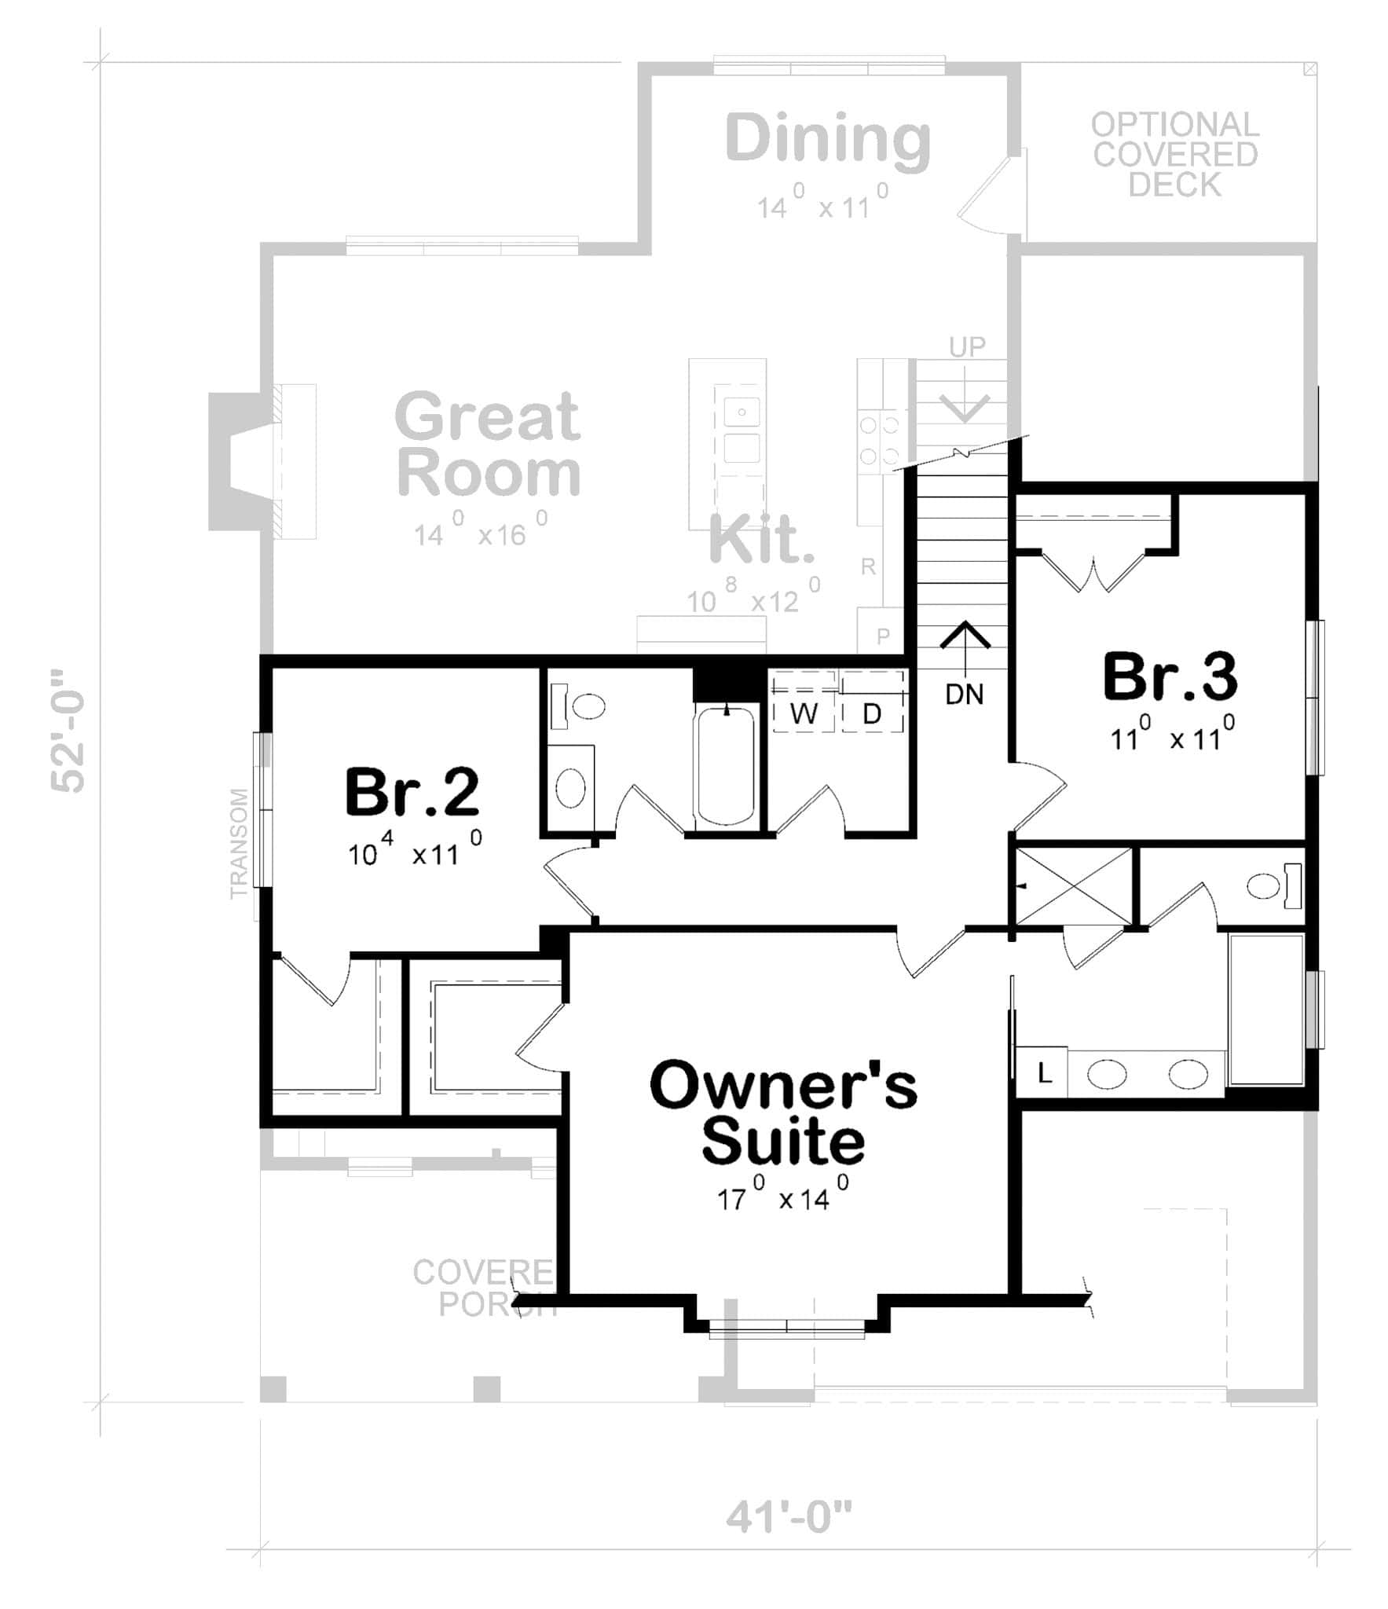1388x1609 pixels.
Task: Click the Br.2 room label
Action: point(412,792)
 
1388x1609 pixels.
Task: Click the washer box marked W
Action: point(804,713)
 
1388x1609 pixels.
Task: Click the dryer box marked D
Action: point(872,713)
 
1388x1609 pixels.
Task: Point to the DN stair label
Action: point(964,694)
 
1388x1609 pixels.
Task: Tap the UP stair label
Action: point(967,346)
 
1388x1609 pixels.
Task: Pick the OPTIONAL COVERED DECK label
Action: point(1174,155)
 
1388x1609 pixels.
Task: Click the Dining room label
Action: point(828,139)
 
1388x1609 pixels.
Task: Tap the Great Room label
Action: point(489,444)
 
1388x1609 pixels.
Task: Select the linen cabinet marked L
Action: point(1043,1072)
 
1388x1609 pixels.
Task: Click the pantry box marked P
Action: point(882,636)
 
